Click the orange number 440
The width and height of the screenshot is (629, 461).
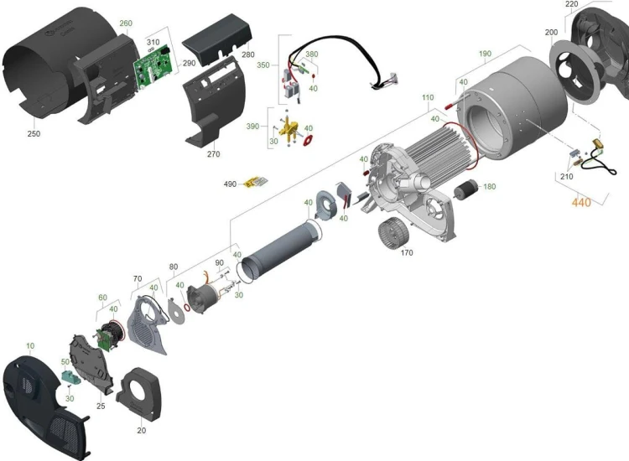581,202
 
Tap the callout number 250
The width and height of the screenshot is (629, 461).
34,133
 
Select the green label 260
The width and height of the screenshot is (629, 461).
126,23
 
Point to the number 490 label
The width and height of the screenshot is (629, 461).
230,184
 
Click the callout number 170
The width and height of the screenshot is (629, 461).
407,252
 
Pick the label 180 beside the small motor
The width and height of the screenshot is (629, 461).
490,186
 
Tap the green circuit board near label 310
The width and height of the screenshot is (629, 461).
153,66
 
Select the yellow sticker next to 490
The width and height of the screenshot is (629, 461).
256,182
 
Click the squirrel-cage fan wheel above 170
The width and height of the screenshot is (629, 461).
393,233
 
